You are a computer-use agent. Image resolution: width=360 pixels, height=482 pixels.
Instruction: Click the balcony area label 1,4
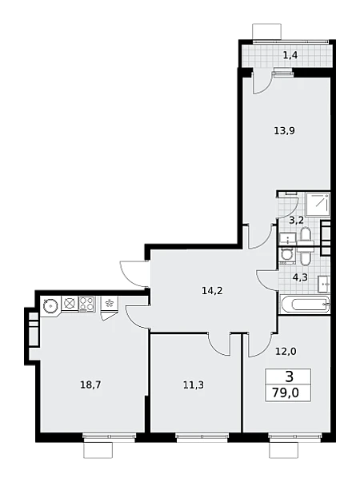[290, 56]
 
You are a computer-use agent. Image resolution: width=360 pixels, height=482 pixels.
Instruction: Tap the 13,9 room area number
[284, 131]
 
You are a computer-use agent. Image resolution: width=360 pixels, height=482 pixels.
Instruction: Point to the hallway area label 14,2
[212, 290]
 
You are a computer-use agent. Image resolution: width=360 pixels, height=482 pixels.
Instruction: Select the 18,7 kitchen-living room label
[90, 384]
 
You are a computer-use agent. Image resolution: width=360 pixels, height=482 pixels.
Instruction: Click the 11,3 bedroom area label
[194, 384]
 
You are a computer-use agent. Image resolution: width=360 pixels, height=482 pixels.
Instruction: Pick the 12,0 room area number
[286, 351]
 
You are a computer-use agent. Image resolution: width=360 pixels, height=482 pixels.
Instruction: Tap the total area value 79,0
[286, 392]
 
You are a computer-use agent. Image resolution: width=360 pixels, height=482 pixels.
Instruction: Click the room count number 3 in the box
[289, 376]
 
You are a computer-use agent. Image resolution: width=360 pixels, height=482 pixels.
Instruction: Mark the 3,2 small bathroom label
[297, 220]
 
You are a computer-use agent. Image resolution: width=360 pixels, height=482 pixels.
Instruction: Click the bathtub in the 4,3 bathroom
[305, 305]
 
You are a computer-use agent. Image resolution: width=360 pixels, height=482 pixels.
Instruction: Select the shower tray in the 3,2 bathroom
[318, 204]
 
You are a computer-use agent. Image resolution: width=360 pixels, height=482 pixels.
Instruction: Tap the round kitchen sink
[50, 306]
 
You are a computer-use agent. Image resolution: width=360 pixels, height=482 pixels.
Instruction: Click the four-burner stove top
[87, 304]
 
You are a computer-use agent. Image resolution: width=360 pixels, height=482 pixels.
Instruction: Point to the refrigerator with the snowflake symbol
[109, 304]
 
